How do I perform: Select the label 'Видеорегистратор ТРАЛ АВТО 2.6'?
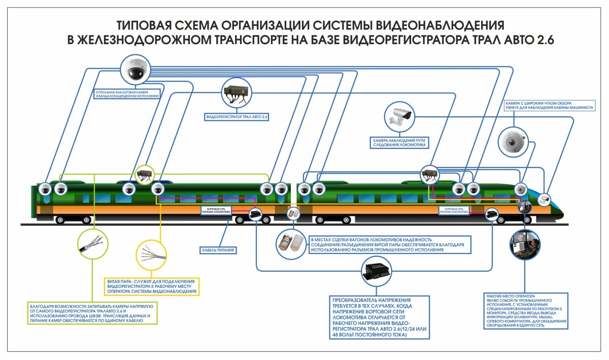tap(236, 117)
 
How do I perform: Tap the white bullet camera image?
tap(399, 116)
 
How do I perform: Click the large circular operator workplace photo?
tap(528, 246)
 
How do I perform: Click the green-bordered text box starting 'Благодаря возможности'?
tap(92, 314)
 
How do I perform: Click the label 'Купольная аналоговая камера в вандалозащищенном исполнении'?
tap(127, 93)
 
